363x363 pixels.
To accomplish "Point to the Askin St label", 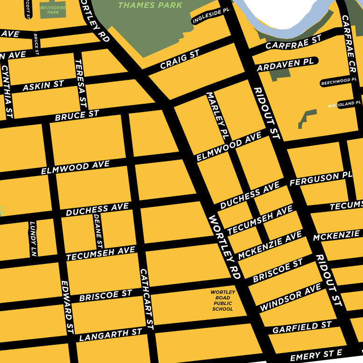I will click(43, 86).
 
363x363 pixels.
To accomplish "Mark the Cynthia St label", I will click(7, 91).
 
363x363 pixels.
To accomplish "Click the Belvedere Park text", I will click(52, 10).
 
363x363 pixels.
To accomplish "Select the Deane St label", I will click(98, 230).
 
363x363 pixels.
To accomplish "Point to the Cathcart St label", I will click(146, 299).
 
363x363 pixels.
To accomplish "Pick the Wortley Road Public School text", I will click(222, 300).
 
